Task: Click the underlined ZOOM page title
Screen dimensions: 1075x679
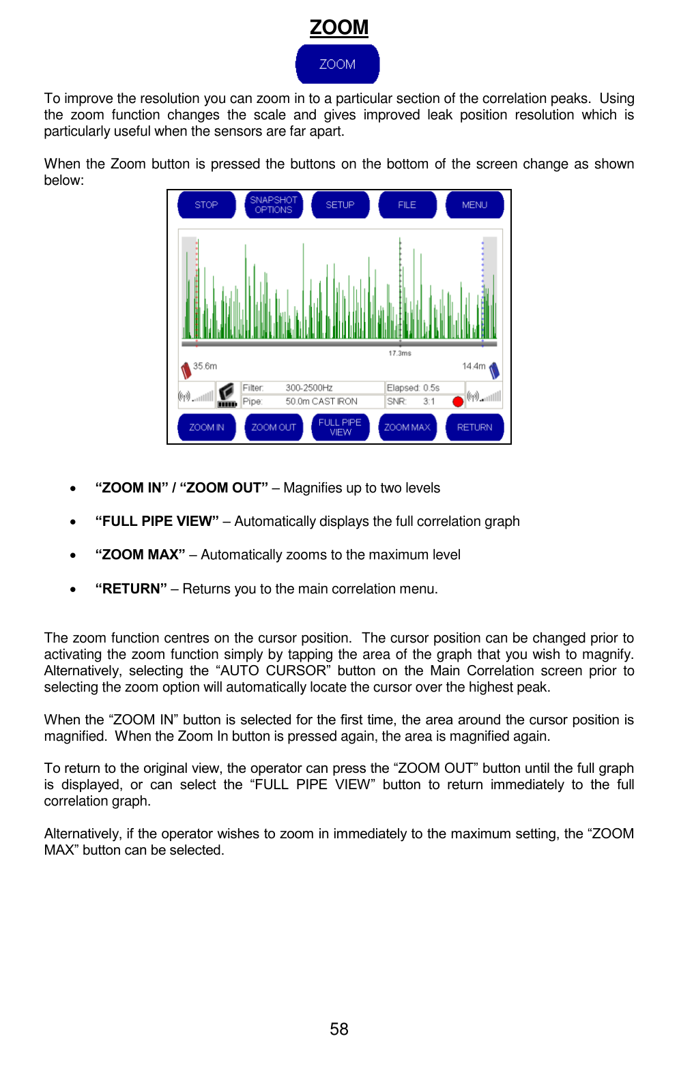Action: pos(338,27)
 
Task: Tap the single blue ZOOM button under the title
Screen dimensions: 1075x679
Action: pos(337,64)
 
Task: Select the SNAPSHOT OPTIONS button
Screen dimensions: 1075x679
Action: pos(273,205)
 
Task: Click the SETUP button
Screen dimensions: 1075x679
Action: pos(340,205)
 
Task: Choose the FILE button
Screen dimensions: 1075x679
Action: pos(407,205)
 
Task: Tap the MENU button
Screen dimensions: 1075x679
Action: pos(474,205)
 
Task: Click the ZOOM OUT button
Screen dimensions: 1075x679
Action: pos(273,427)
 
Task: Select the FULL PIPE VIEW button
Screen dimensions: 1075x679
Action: pos(340,427)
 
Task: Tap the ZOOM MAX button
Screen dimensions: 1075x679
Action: pos(407,427)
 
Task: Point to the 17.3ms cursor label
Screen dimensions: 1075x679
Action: pos(400,353)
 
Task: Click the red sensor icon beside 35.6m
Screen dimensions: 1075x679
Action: pos(186,370)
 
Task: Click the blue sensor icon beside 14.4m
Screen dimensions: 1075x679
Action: pos(494,370)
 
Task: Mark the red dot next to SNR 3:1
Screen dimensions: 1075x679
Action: pos(458,401)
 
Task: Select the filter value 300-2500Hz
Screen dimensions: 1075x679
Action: pos(308,387)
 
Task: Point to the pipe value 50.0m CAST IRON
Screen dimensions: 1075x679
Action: pos(321,401)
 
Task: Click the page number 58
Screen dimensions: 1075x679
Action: pos(338,1029)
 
